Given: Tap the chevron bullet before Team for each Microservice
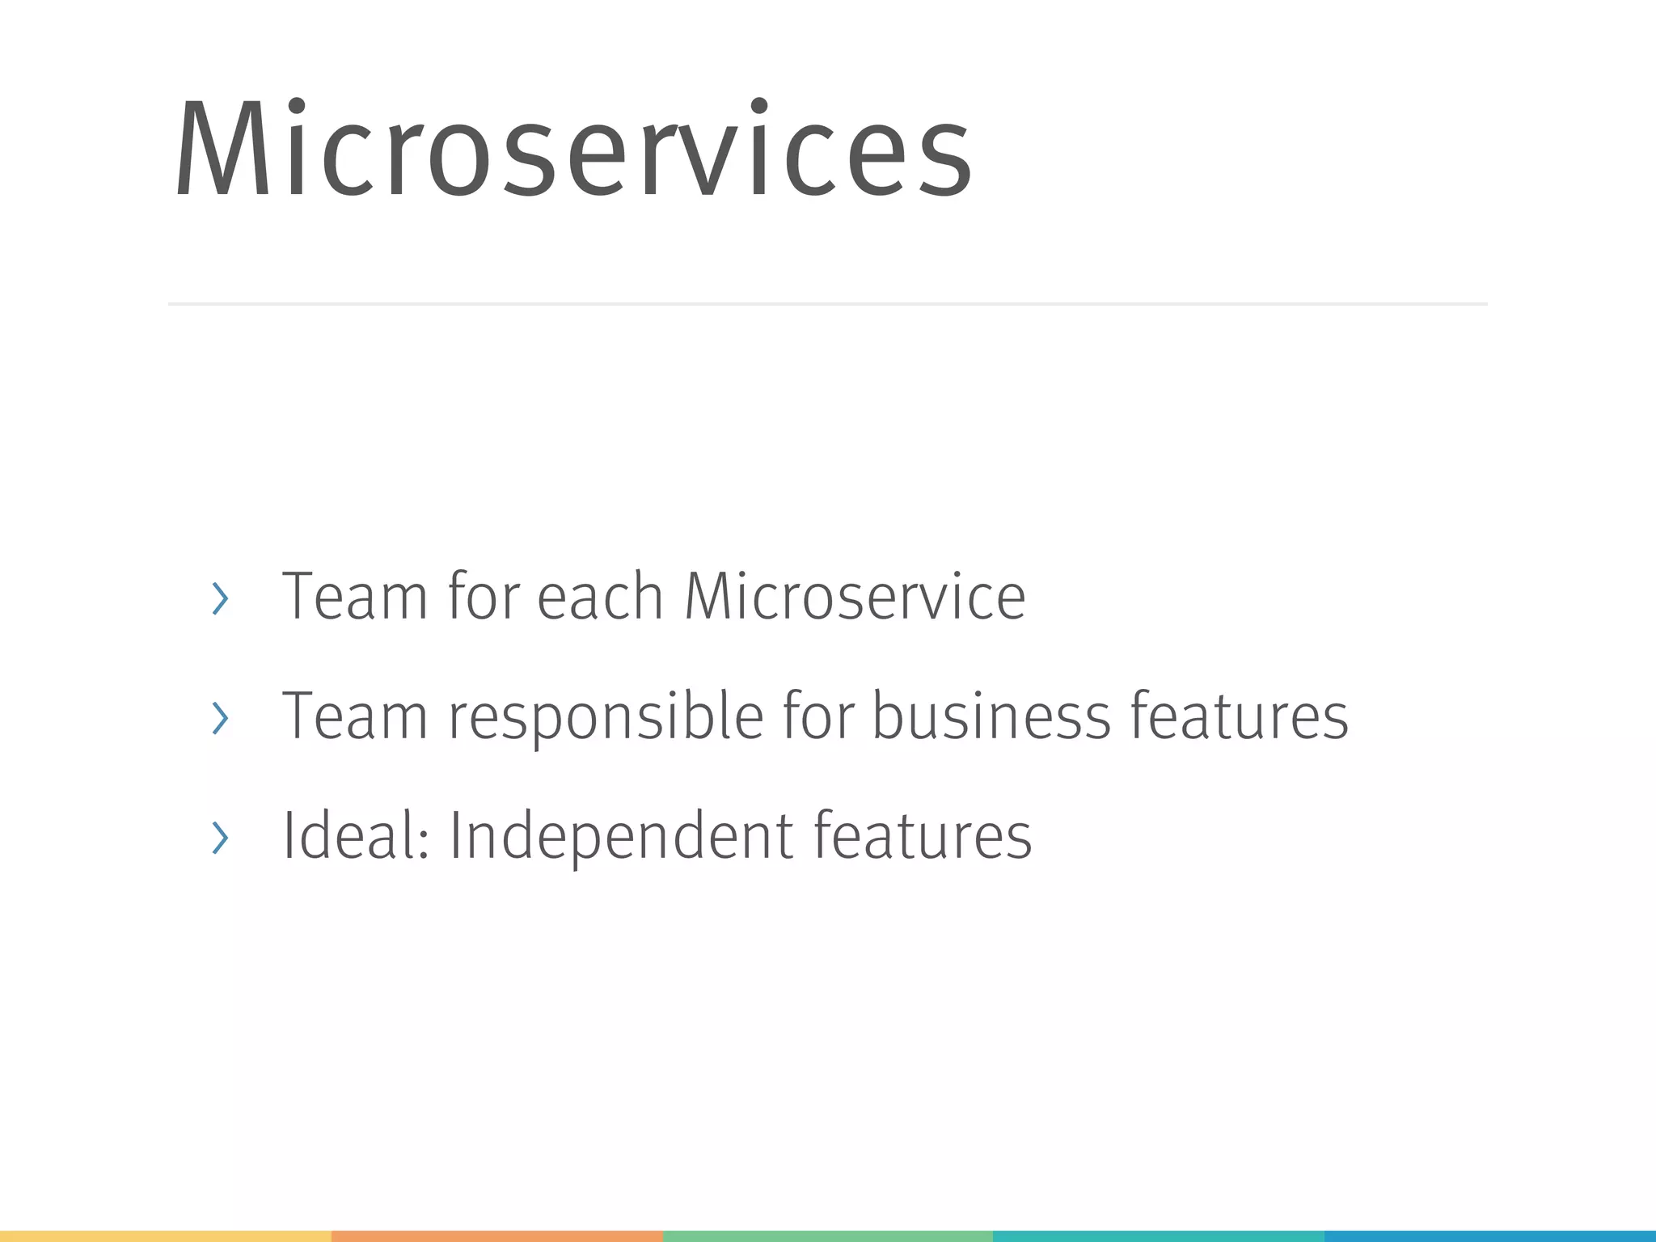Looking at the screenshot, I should [220, 598].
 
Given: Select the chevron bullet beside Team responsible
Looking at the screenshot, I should [220, 717].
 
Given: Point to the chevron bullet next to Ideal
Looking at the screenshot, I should [220, 837].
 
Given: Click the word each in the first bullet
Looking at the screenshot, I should [600, 597].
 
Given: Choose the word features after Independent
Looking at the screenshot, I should [923, 835].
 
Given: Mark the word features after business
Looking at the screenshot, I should [1240, 716].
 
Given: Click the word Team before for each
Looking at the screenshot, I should [354, 597].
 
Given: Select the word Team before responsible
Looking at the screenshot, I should [354, 716].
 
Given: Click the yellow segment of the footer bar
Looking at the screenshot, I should [166, 1236].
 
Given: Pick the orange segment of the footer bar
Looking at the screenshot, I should [497, 1236].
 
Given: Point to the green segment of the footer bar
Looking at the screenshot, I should [828, 1236].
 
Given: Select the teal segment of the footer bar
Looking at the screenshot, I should [1158, 1236].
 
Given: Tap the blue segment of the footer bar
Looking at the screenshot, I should [1489, 1236].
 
